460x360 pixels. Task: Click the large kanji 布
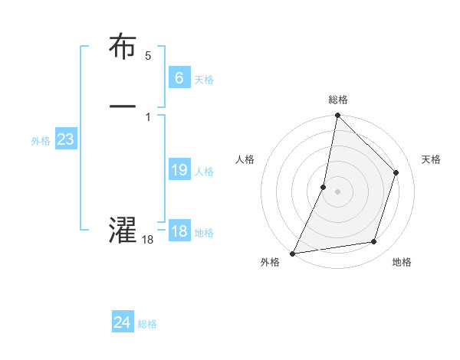pos(123,47)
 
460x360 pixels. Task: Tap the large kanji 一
pos(123,106)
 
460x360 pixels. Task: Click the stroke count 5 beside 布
pos(148,56)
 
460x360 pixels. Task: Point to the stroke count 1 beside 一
pos(148,116)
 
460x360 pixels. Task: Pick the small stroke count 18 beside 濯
pos(148,240)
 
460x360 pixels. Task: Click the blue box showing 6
pos(179,77)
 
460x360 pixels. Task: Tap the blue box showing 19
pos(179,170)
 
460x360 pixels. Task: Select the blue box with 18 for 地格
pos(179,231)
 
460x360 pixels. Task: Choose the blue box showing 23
pos(65,139)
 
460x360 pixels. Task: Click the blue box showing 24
pos(122,322)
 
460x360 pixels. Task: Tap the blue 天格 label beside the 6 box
pos(203,80)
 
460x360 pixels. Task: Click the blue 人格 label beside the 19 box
pos(204,172)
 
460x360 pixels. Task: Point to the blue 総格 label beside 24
pos(147,324)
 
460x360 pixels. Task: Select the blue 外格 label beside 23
pos(41,141)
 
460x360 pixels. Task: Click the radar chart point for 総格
pos(337,116)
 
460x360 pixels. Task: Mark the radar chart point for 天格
pos(396,172)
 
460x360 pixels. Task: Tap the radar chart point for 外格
pos(293,253)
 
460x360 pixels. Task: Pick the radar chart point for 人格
pos(324,187)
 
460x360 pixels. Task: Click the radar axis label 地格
pos(402,263)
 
